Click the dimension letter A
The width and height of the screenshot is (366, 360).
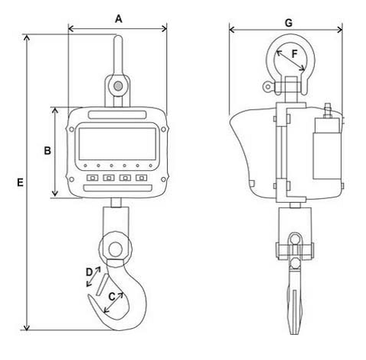[x=119, y=19]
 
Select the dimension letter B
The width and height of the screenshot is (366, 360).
[x=47, y=150]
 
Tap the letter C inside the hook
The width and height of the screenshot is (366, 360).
[x=112, y=297]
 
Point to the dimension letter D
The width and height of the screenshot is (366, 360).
[x=89, y=272]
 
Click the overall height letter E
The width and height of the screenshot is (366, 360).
[x=20, y=182]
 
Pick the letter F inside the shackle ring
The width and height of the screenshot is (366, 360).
[x=294, y=54]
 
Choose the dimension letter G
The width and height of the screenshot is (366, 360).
[x=289, y=23]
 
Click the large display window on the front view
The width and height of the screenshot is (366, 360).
[x=117, y=144]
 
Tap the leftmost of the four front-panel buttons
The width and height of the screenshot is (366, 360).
[x=92, y=178]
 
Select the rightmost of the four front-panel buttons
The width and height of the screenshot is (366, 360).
[x=141, y=178]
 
